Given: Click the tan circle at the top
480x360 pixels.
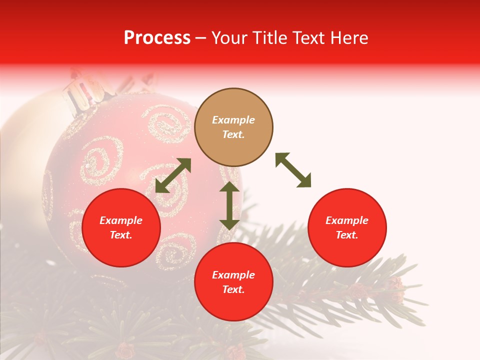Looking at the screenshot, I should tap(233, 127).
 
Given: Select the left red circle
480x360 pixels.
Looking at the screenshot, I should tap(121, 228).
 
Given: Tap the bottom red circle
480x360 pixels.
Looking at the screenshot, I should tap(233, 282).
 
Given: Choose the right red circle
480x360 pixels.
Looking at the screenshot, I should tap(347, 228).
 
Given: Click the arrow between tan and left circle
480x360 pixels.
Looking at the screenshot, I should tap(173, 175).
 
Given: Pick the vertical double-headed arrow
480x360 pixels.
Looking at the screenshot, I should tap(229, 205).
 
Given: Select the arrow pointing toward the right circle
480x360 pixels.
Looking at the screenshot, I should tap(293, 170).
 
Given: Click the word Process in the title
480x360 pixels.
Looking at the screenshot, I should tap(157, 37).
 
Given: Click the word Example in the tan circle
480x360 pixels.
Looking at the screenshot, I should tap(233, 120).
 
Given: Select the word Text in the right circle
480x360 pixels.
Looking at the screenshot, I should tap(347, 235).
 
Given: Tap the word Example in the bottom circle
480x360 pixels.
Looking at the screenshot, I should tap(233, 275).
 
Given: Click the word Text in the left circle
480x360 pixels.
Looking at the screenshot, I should tap(121, 235).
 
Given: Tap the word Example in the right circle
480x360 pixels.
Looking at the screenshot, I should tap(347, 220).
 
